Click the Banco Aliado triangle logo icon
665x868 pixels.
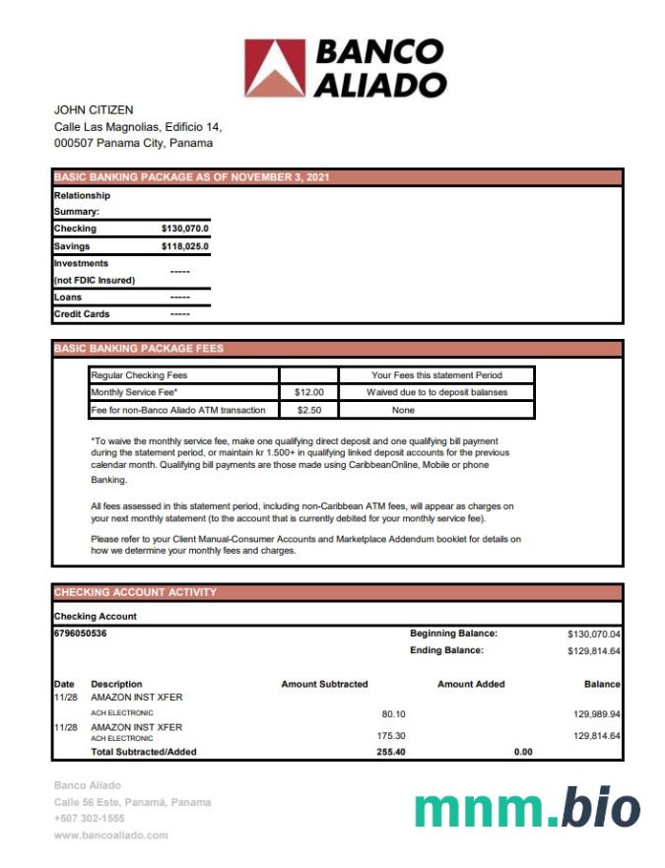pyautogui.click(x=275, y=67)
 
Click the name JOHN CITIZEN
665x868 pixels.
pyautogui.click(x=94, y=110)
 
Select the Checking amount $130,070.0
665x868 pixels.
pyautogui.click(x=184, y=229)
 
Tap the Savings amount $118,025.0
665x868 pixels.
pyautogui.click(x=184, y=246)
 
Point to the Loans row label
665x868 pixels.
pyautogui.click(x=68, y=297)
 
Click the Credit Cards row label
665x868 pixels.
pyautogui.click(x=82, y=314)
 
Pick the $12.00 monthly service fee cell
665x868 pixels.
pyautogui.click(x=309, y=392)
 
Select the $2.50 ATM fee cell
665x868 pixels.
pyautogui.click(x=309, y=410)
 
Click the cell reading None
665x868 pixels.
pyautogui.click(x=403, y=410)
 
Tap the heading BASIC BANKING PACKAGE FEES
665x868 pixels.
pyautogui.click(x=139, y=349)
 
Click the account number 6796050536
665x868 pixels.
pyautogui.click(x=81, y=634)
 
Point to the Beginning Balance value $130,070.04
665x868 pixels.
pyautogui.click(x=594, y=634)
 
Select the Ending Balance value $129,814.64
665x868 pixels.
pyautogui.click(x=594, y=651)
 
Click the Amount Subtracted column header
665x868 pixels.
pyautogui.click(x=324, y=684)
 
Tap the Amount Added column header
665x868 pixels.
pyautogui.click(x=471, y=684)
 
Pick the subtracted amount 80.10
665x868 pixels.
pyautogui.click(x=393, y=713)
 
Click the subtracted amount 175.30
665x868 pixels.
pyautogui.click(x=391, y=736)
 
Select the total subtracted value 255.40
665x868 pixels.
pyautogui.click(x=391, y=752)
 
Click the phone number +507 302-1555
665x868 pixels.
pyautogui.click(x=90, y=818)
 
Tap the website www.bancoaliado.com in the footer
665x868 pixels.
pyautogui.click(x=110, y=835)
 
